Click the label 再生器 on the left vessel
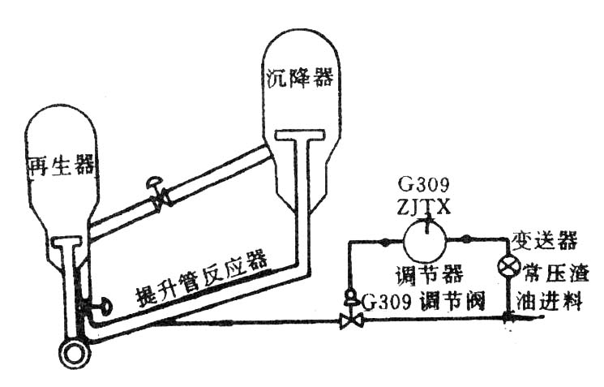tap(62, 166)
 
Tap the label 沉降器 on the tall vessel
tap(299, 78)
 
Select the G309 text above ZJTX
tap(423, 185)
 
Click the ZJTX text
tap(423, 208)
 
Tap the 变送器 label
tap(545, 240)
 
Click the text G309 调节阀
tap(424, 301)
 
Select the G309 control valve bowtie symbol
tap(351, 320)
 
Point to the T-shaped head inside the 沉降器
tap(300, 135)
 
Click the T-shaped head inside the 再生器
tap(67, 242)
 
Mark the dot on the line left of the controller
tap(384, 242)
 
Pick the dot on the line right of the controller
tap(466, 239)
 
